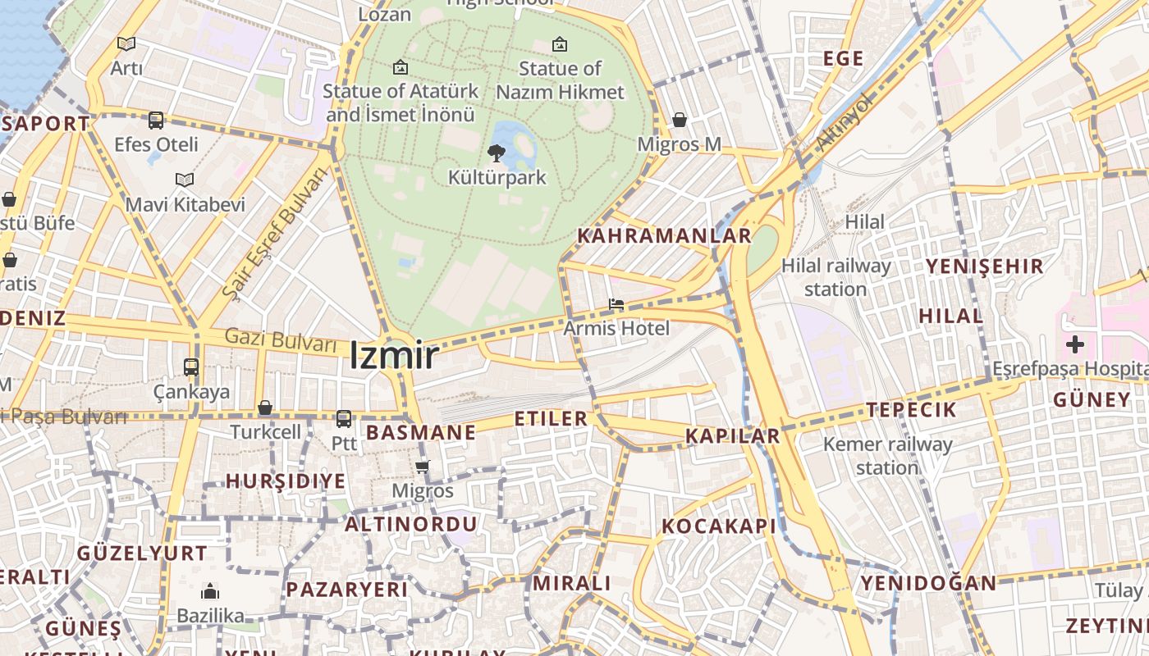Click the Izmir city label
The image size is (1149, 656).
394,355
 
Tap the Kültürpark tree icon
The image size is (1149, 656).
496,152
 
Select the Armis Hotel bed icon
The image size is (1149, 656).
616,305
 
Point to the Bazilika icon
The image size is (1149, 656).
210,591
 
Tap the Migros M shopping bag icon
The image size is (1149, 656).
680,120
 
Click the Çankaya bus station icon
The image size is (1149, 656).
191,367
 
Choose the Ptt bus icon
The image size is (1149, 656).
344,418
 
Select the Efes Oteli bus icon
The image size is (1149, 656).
156,120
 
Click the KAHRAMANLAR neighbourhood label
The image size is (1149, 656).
664,236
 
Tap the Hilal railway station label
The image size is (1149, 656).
835,277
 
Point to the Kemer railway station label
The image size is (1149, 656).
887,456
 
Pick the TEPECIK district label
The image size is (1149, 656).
911,410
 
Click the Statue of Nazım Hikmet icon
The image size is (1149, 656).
560,44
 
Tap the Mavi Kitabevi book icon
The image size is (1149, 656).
185,180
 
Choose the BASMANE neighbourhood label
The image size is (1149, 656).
421,432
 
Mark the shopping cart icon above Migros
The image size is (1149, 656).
423,467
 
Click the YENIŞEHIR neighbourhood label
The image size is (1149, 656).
984,266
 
